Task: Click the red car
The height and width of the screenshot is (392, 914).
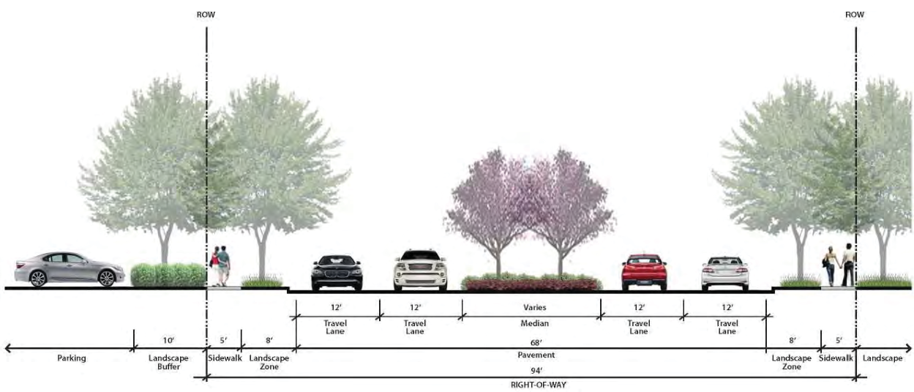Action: point(644,272)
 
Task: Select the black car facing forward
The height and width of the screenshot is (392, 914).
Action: point(337,272)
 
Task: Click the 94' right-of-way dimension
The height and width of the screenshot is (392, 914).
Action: point(532,371)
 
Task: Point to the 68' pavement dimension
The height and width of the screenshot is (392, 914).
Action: point(532,342)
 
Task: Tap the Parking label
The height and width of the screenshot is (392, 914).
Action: point(72,358)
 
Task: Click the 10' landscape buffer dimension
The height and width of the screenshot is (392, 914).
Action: point(169,340)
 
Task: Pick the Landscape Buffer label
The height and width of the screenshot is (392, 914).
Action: point(169,363)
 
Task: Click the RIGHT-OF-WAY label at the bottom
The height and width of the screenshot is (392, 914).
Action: point(532,384)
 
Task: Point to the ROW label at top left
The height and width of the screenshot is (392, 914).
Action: point(206,15)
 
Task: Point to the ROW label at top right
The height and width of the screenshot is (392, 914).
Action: point(854,15)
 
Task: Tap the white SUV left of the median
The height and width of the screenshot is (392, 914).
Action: point(419,270)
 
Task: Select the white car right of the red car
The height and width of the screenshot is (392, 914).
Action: point(724,274)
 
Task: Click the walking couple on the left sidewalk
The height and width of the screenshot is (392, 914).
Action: point(220,266)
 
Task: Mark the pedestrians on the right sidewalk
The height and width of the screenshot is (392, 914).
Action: point(839,265)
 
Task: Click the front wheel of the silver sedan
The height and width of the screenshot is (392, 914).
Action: point(107,279)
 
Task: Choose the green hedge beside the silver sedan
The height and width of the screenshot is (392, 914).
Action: point(168,274)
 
